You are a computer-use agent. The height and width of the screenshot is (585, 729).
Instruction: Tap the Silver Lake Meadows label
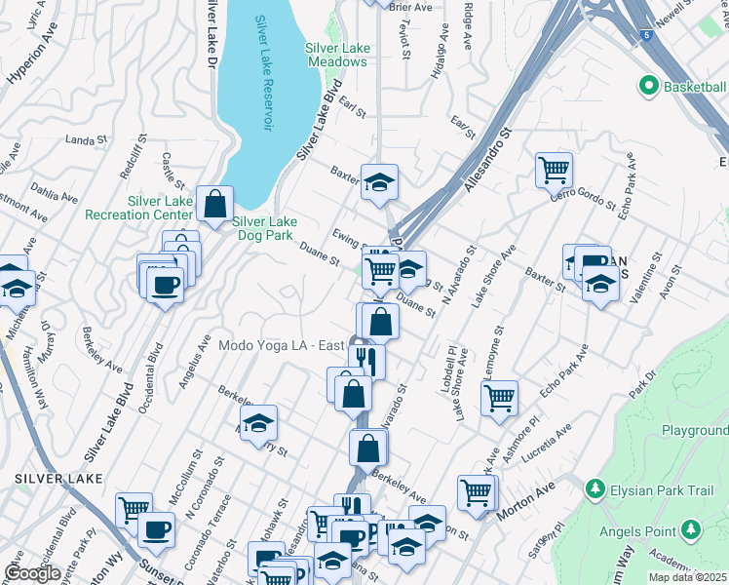[x=336, y=55]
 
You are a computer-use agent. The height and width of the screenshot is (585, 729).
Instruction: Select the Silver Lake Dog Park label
[x=262, y=228]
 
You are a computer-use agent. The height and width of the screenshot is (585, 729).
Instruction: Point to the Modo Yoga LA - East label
[x=282, y=344]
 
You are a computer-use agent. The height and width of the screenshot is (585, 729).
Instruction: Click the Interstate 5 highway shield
[x=646, y=35]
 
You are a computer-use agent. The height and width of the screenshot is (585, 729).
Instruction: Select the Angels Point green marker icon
[x=691, y=529]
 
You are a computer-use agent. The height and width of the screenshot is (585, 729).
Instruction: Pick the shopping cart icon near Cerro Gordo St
[x=554, y=170]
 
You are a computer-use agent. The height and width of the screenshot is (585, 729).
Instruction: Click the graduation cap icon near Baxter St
[x=379, y=180]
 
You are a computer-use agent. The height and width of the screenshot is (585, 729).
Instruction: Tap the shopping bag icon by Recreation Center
[x=214, y=204]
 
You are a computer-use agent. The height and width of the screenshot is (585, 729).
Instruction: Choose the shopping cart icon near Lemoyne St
[x=499, y=397]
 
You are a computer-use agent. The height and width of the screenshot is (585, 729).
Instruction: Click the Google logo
[x=33, y=573]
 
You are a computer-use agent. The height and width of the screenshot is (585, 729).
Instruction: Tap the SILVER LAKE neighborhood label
[x=55, y=479]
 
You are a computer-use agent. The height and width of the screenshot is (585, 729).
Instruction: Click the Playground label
[x=694, y=429]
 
